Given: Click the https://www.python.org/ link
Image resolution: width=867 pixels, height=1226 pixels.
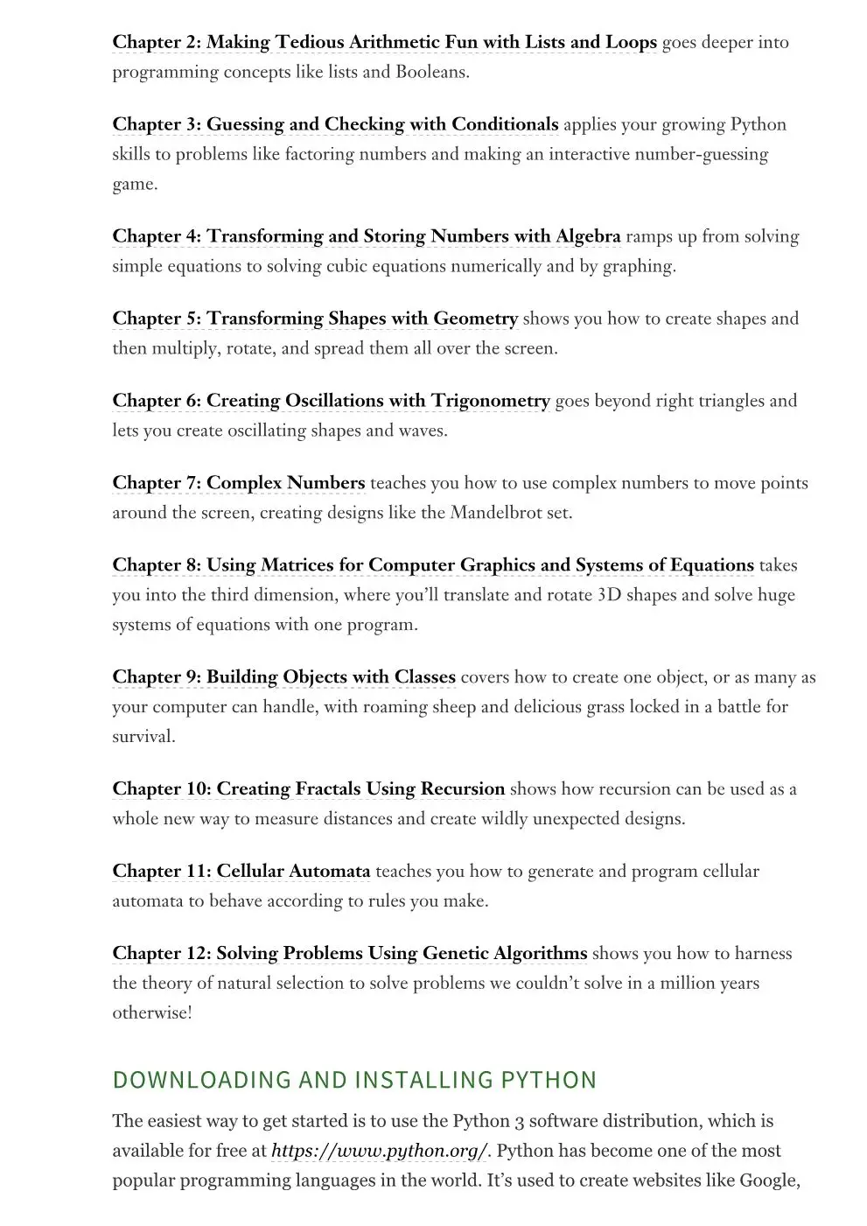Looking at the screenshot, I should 378,1151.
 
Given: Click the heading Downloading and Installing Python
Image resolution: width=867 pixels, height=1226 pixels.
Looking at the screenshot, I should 354,1080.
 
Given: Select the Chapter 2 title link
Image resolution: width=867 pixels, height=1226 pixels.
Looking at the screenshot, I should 384,42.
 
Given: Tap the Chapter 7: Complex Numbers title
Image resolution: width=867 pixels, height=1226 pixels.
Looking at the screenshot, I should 238,483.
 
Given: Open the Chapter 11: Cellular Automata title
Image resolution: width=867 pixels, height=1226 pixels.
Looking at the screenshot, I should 241,872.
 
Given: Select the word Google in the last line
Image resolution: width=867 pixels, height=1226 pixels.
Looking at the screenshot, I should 769,1180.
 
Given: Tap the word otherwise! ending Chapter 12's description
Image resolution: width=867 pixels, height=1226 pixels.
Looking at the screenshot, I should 152,1013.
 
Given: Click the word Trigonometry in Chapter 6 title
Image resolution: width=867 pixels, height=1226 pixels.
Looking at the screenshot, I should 490,401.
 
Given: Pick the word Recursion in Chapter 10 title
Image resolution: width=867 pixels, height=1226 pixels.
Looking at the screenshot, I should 463,789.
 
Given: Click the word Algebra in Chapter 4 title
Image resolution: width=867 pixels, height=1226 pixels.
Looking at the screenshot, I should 588,236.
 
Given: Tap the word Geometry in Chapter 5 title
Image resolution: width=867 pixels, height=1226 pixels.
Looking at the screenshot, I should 475,319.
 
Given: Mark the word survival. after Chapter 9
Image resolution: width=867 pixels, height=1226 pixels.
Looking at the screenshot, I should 143,737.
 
